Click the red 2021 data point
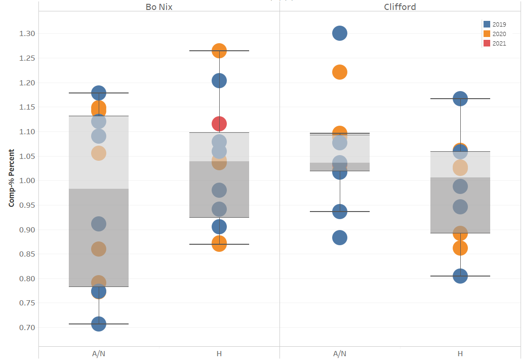(219, 124)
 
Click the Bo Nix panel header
(158, 7)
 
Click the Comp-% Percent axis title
(11, 178)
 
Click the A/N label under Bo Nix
(99, 353)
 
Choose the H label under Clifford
(460, 353)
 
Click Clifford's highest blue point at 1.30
(340, 33)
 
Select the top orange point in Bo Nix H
(219, 51)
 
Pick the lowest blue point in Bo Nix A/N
(99, 324)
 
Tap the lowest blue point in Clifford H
(460, 276)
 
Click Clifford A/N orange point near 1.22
(340, 72)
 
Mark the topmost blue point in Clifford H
(460, 99)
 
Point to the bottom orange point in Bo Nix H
(219, 244)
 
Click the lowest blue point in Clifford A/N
(340, 238)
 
